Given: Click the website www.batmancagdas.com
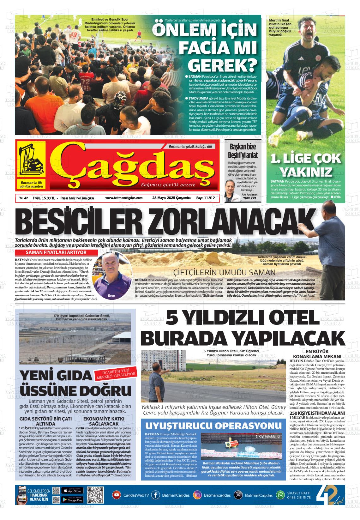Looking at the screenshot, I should click(124, 198).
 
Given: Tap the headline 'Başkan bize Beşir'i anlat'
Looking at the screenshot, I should click(243, 151).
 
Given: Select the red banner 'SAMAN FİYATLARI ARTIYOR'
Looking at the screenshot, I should click(56, 252).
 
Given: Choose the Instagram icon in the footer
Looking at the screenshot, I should click(197, 495).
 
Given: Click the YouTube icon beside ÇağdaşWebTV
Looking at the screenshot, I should click(117, 495).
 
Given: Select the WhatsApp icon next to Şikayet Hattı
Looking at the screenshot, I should click(280, 495).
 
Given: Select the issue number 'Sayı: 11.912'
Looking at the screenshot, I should click(206, 198).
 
